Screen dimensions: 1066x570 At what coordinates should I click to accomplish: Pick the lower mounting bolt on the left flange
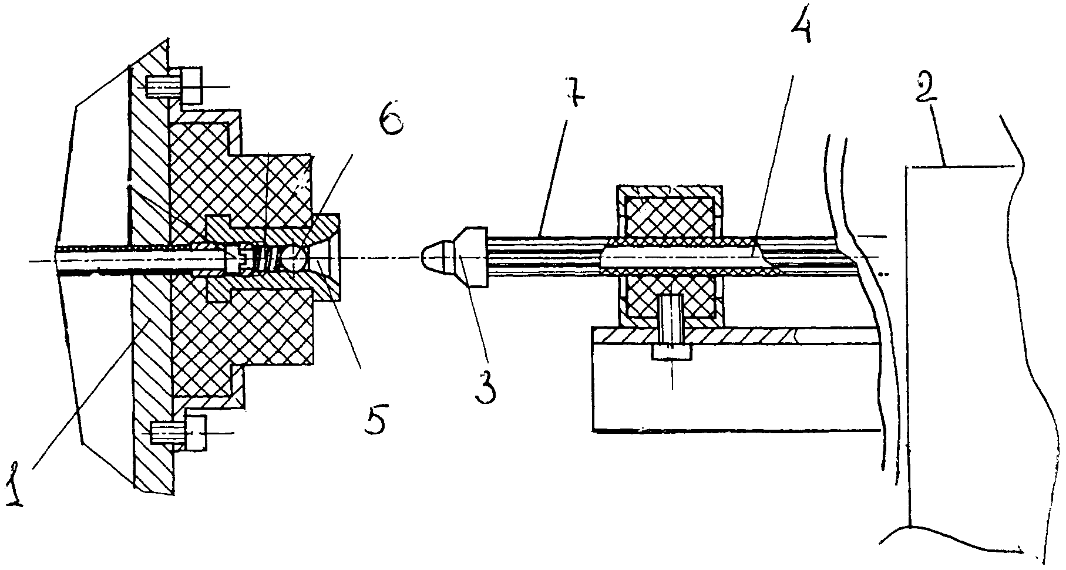(179, 434)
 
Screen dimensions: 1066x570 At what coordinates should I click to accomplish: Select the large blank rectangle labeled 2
(966, 346)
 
